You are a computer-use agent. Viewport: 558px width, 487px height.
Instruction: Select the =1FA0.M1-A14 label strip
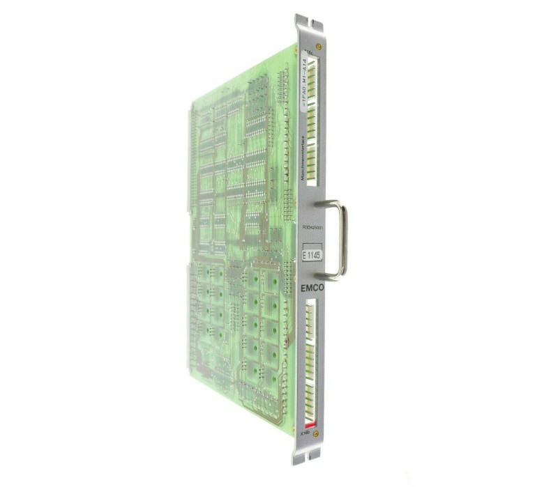[303, 82]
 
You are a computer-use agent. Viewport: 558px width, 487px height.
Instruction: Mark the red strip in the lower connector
[309, 423]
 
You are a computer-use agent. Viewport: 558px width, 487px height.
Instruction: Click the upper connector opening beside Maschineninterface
[312, 122]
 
